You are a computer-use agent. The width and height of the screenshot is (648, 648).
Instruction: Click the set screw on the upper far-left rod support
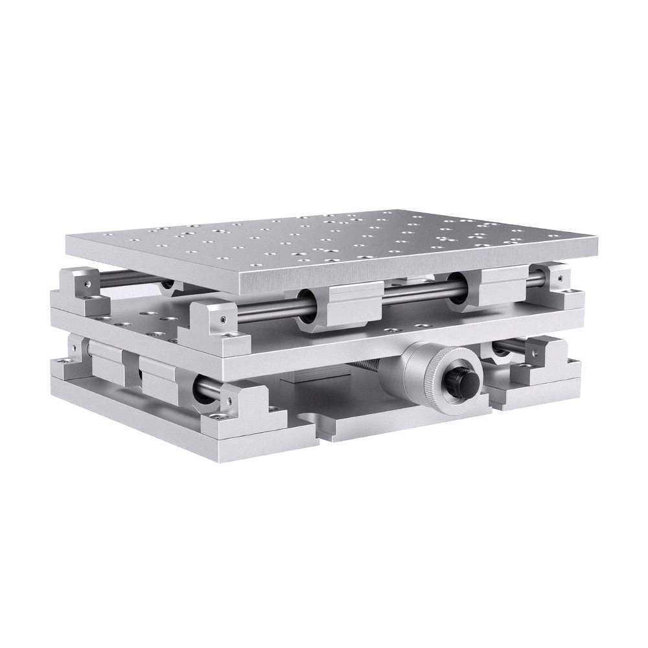coord(85,283)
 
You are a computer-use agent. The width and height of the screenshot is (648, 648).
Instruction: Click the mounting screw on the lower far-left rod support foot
coord(64,365)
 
